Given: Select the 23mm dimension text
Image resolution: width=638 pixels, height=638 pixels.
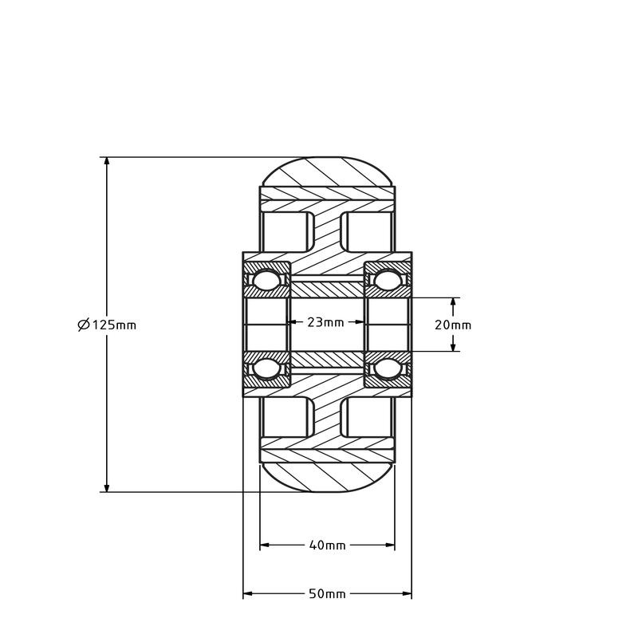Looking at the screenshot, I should (326, 322).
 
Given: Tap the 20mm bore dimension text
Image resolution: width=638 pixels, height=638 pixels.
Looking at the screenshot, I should (453, 325).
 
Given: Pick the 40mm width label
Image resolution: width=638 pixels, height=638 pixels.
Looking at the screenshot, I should (327, 545).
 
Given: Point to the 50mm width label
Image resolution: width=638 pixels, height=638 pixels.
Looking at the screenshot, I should (327, 594).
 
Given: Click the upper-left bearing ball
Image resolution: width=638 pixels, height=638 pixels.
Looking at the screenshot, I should (266, 281).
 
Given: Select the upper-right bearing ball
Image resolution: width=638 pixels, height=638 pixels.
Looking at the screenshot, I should (388, 281).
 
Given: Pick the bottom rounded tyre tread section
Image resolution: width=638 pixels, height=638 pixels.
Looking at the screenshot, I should (327, 477).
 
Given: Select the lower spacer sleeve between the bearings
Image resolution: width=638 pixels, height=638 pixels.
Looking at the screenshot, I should (327, 361).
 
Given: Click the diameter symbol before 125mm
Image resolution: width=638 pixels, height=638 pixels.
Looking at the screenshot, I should (84, 325).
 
